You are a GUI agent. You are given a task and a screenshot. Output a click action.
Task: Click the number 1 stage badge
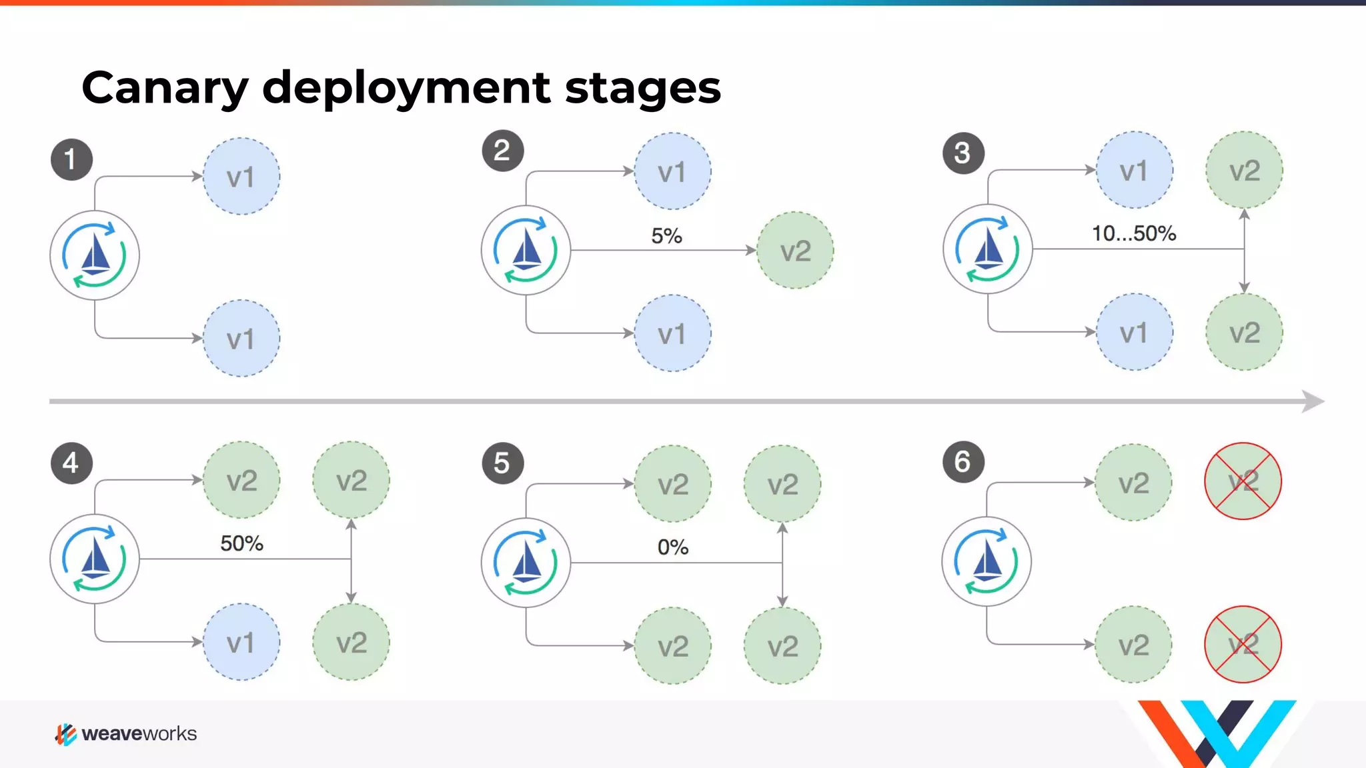pyautogui.click(x=71, y=160)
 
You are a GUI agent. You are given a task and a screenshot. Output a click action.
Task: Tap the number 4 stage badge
pyautogui.click(x=71, y=463)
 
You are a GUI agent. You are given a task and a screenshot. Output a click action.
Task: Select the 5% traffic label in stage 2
pyautogui.click(x=666, y=236)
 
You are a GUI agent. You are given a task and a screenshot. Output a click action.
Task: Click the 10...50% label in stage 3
pyautogui.click(x=1133, y=234)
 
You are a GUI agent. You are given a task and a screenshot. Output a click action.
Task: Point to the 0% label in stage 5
pyautogui.click(x=672, y=547)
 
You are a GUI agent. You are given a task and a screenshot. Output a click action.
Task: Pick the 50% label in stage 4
pyautogui.click(x=241, y=543)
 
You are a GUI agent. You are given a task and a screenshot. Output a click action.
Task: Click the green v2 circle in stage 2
pyautogui.click(x=795, y=251)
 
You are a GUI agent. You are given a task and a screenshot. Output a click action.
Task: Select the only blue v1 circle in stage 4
pyautogui.click(x=241, y=642)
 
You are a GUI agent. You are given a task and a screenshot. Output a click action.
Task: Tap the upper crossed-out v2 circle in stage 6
pyautogui.click(x=1243, y=481)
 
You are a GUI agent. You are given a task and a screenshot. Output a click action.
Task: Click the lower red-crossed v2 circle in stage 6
pyautogui.click(x=1243, y=644)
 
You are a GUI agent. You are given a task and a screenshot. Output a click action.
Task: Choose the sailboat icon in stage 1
pyautogui.click(x=95, y=255)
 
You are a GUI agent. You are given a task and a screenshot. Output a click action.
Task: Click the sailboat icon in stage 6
pyautogui.click(x=986, y=561)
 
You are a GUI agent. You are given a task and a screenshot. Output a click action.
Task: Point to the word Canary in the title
pyautogui.click(x=165, y=88)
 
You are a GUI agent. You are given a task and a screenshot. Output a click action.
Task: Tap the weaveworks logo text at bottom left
pyautogui.click(x=139, y=734)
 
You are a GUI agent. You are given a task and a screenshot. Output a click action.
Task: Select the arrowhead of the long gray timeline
pyautogui.click(x=1313, y=401)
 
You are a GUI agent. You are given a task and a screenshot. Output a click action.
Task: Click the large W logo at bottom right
pyautogui.click(x=1217, y=733)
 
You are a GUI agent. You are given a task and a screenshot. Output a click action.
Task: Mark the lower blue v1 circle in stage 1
pyautogui.click(x=241, y=339)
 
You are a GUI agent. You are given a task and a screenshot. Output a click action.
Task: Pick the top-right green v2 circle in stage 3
pyautogui.click(x=1244, y=171)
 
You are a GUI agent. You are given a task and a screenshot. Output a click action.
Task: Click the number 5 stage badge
pyautogui.click(x=502, y=463)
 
